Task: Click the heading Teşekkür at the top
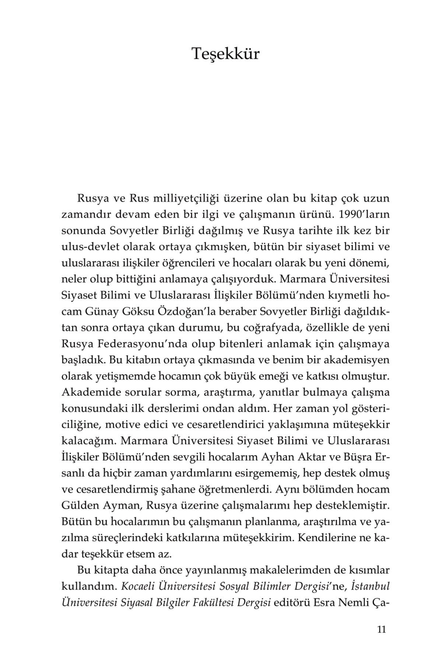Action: click(x=225, y=54)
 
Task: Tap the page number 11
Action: click(x=381, y=629)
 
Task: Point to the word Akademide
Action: click(x=87, y=393)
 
